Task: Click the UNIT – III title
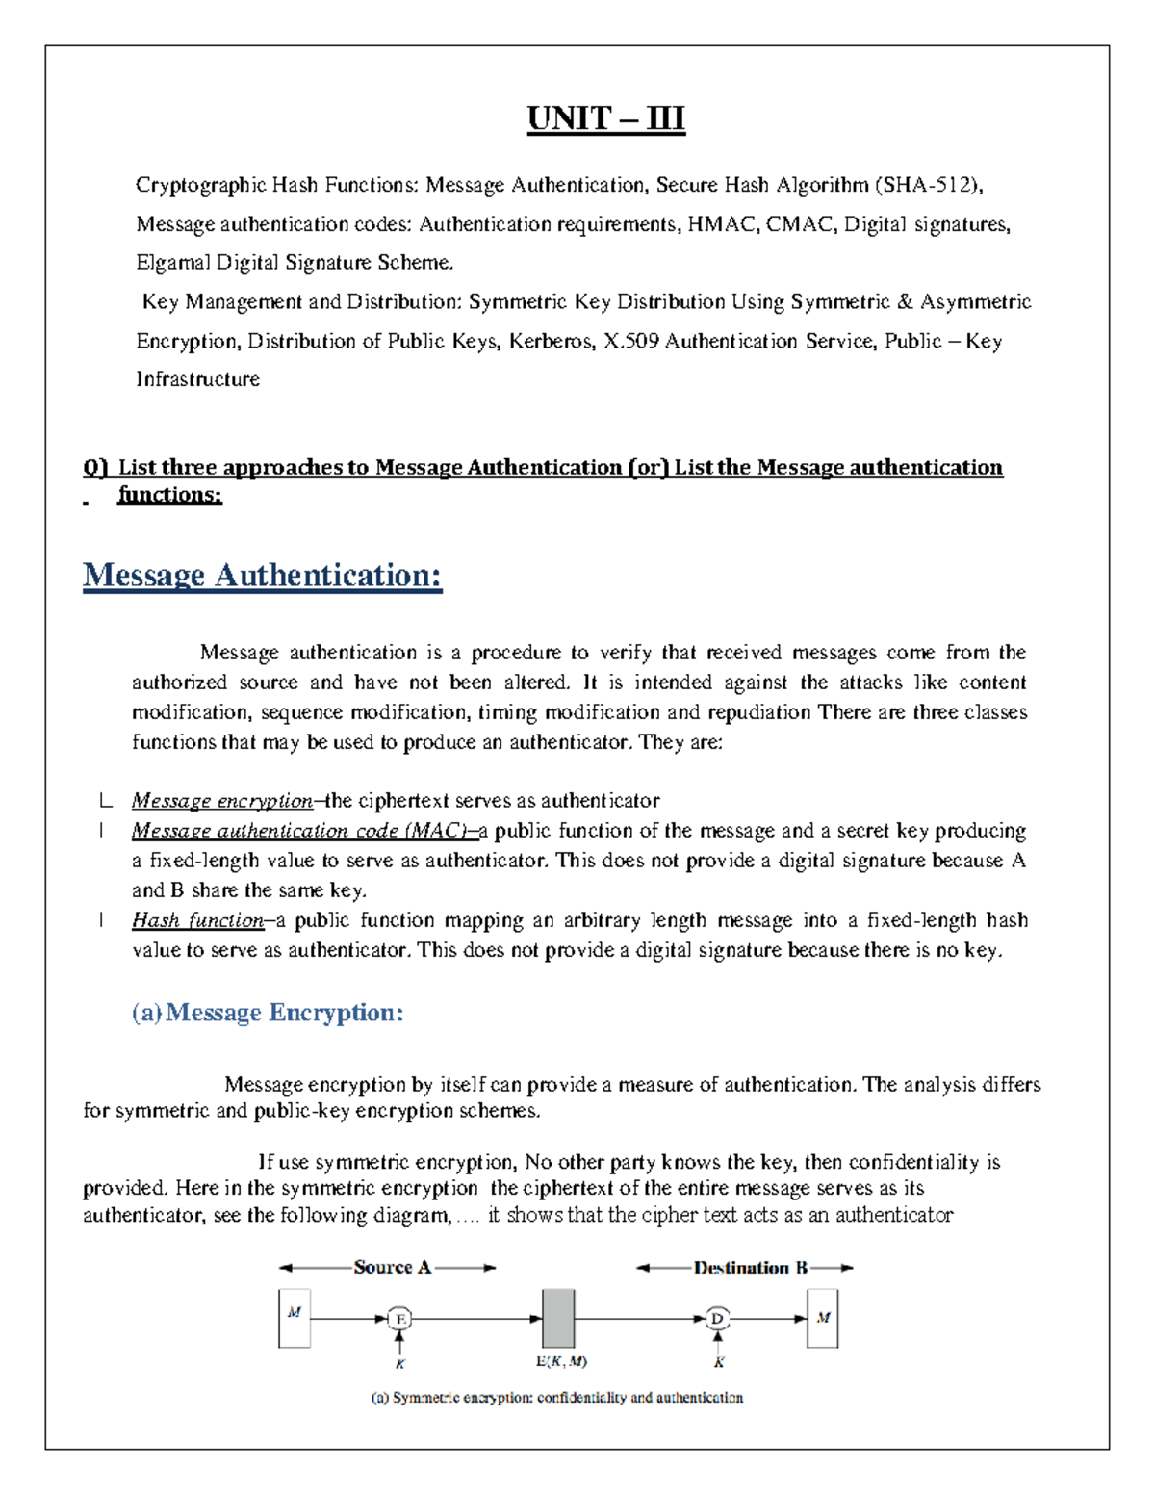click(x=605, y=118)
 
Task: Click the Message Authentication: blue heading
click(x=262, y=576)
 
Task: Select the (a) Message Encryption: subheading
click(x=268, y=1013)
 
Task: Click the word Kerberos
click(x=551, y=341)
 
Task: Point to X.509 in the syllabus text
click(x=630, y=341)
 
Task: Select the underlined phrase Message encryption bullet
click(x=222, y=801)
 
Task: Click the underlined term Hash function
click(x=197, y=920)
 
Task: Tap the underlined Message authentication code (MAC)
click(x=299, y=831)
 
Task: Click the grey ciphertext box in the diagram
click(x=558, y=1318)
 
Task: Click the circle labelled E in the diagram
click(x=399, y=1319)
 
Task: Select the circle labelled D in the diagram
click(x=717, y=1319)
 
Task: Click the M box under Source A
click(x=295, y=1318)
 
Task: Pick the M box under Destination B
click(x=823, y=1318)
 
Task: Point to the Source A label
click(x=392, y=1268)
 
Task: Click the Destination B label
click(x=751, y=1268)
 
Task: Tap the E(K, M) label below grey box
click(x=561, y=1362)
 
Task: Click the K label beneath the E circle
click(x=400, y=1364)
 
